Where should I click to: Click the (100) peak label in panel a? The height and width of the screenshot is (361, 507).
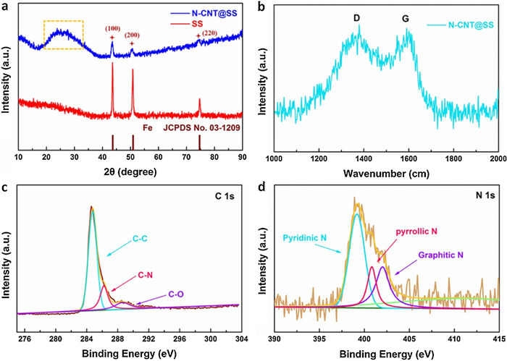pos(112,28)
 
